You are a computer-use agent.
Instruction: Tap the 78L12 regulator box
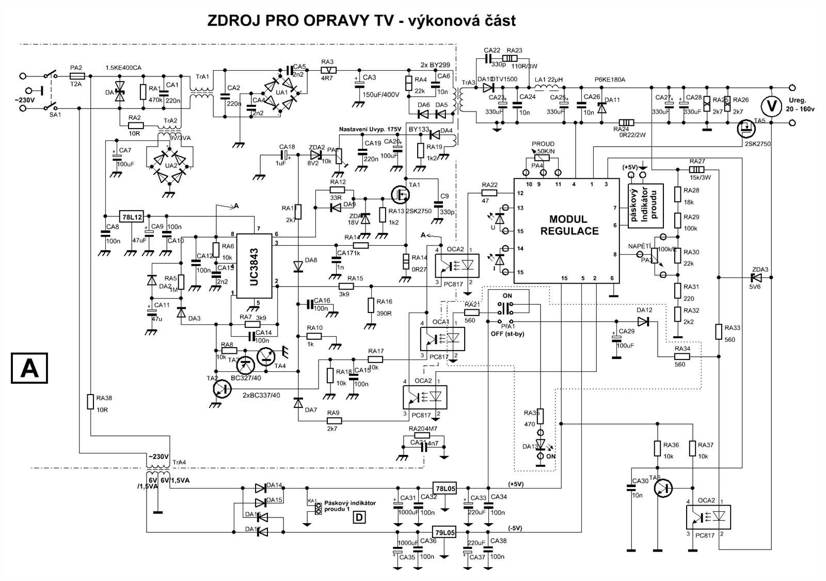tap(132, 217)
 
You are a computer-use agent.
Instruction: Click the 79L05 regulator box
tap(444, 532)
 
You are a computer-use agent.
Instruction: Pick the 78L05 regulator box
tap(444, 488)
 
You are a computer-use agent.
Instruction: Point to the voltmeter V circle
tap(772, 107)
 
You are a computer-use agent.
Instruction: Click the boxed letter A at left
tap(29, 368)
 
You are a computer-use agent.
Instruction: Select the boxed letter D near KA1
tap(359, 516)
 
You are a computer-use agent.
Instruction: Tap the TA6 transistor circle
tap(663, 488)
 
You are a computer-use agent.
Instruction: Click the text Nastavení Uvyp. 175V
tap(370, 129)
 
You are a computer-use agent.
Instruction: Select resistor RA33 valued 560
tap(718, 332)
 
